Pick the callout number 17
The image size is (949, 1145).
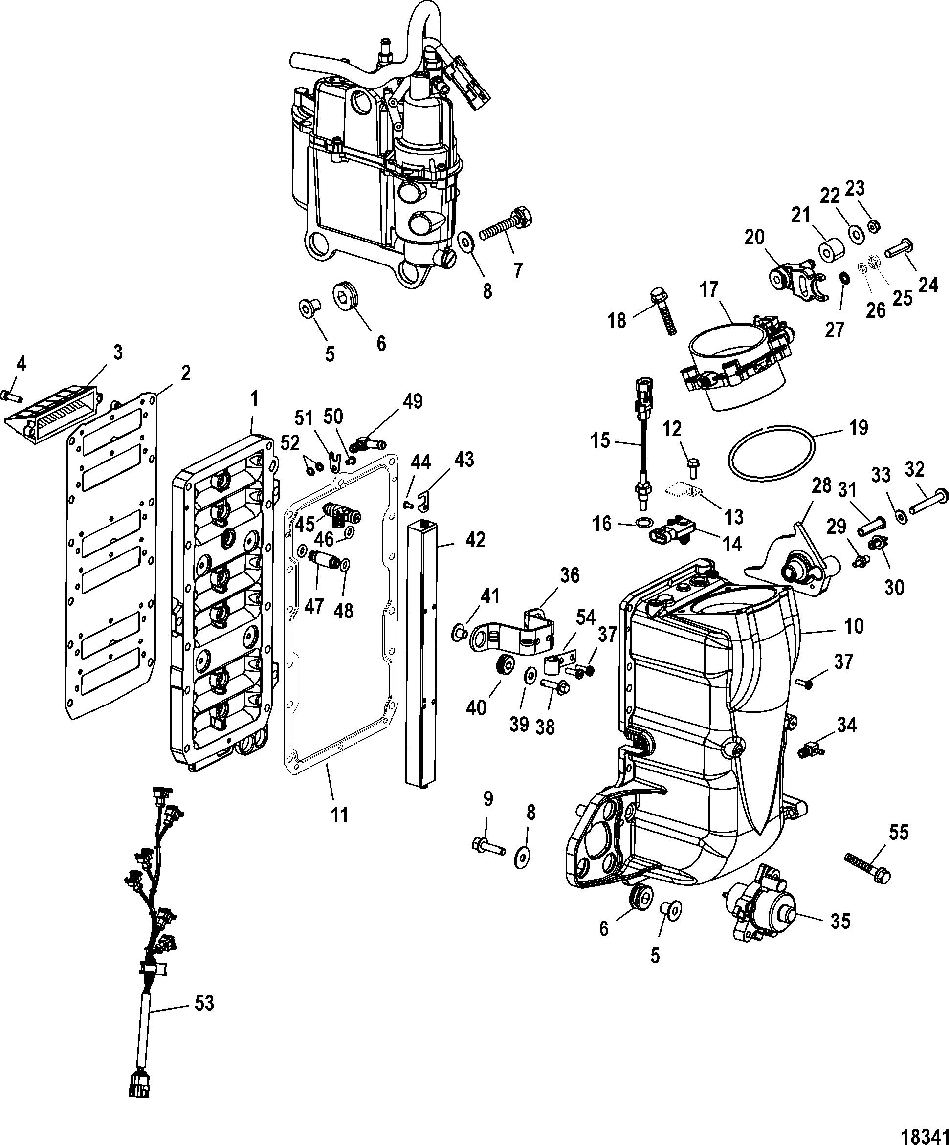709,289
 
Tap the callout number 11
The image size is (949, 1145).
339,831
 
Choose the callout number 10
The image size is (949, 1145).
854,626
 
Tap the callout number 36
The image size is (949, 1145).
570,576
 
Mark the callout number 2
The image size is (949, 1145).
185,374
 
